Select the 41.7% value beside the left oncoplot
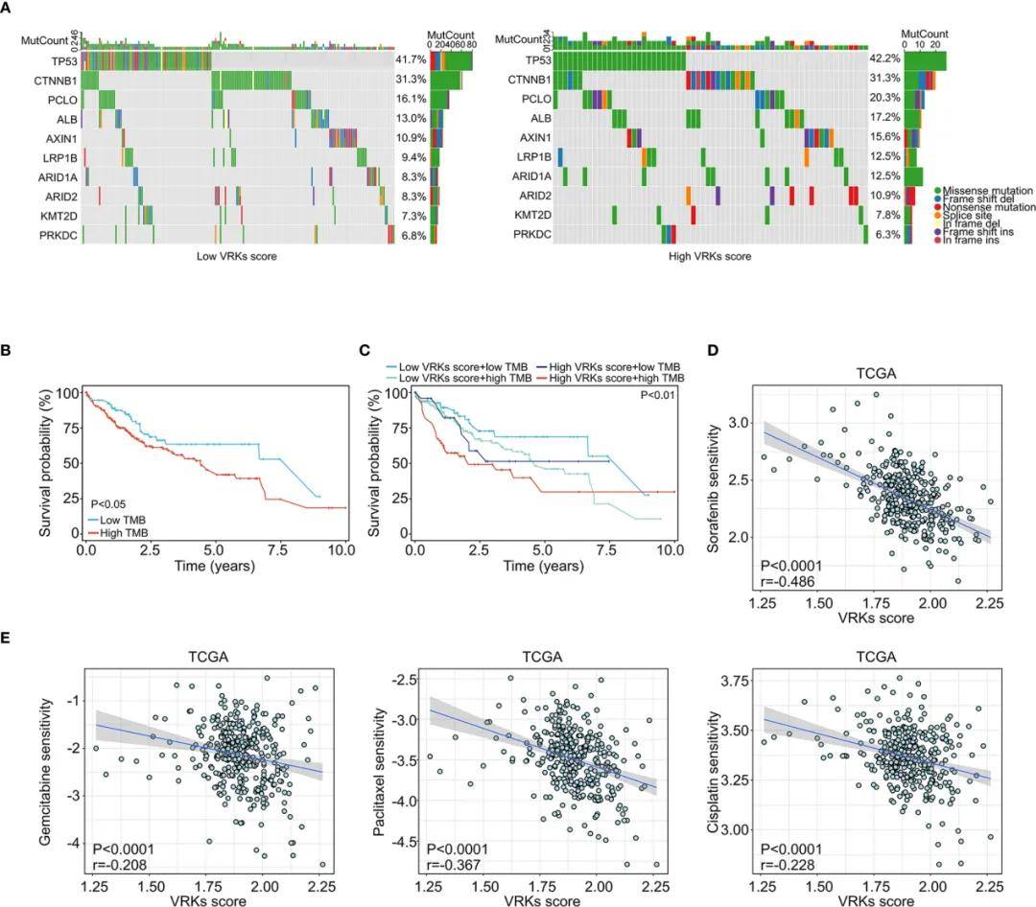click(411, 59)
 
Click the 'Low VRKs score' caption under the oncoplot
click(234, 257)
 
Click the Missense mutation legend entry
click(988, 190)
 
